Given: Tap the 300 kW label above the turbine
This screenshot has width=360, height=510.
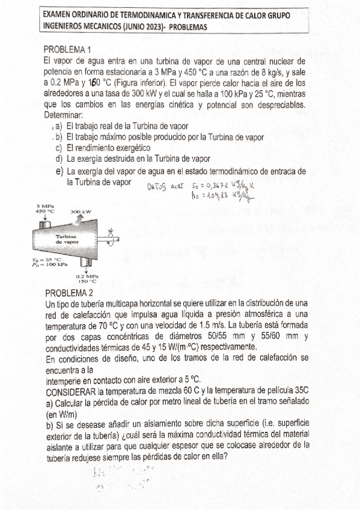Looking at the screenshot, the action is [x=81, y=212].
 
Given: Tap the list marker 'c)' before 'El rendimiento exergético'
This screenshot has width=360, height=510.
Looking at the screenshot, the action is [x=59, y=148].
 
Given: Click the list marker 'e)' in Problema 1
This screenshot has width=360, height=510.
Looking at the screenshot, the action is [x=59, y=171].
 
